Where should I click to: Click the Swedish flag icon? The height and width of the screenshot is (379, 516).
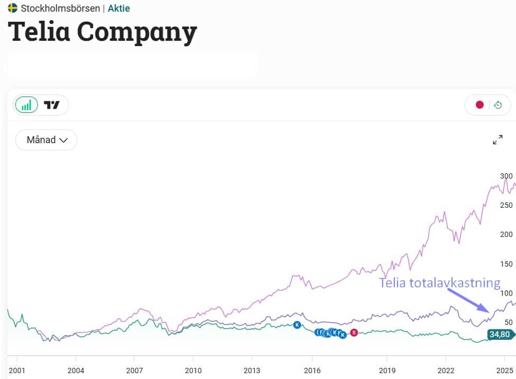pyautogui.click(x=13, y=8)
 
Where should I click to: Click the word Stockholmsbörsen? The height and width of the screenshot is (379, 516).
pyautogui.click(x=60, y=8)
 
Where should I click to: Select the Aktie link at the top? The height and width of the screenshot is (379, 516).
pyautogui.click(x=119, y=8)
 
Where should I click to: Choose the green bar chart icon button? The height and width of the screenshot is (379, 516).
pyautogui.click(x=26, y=105)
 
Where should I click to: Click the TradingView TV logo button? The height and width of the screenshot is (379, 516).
pyautogui.click(x=52, y=105)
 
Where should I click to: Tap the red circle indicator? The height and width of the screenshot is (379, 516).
pyautogui.click(x=479, y=105)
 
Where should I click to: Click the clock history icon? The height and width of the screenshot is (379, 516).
pyautogui.click(x=498, y=105)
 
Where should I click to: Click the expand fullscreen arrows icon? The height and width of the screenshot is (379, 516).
pyautogui.click(x=497, y=140)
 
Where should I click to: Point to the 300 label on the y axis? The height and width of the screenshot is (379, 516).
pyautogui.click(x=506, y=176)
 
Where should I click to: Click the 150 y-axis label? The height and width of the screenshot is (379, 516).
pyautogui.click(x=506, y=264)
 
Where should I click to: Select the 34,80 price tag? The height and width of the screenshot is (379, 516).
pyautogui.click(x=499, y=334)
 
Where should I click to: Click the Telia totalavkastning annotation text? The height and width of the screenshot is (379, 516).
pyautogui.click(x=439, y=283)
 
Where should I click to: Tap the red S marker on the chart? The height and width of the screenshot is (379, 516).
pyautogui.click(x=354, y=332)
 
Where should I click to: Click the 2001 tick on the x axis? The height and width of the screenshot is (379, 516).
pyautogui.click(x=17, y=371)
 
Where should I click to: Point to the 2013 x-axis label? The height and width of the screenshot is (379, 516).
pyautogui.click(x=252, y=371)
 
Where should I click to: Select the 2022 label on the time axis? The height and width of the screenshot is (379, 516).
pyautogui.click(x=446, y=371)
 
